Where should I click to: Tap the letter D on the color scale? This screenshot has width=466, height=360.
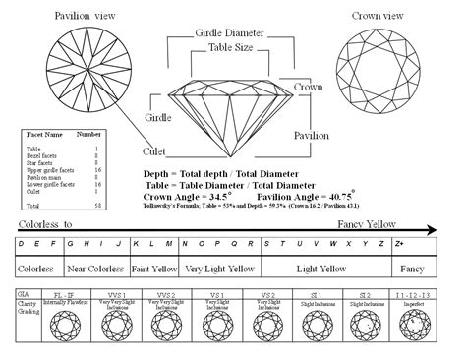(22, 243)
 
